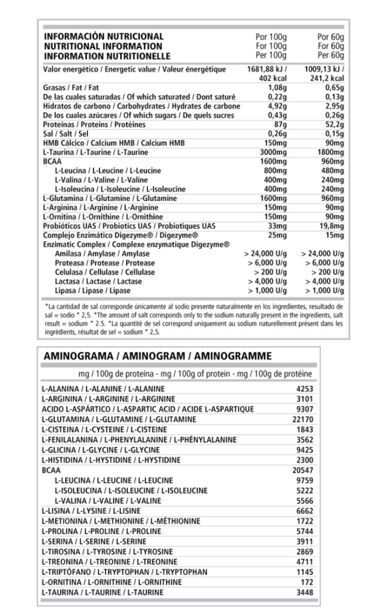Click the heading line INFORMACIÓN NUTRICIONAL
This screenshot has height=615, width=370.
(104, 36)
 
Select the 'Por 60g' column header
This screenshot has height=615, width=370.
(331, 36)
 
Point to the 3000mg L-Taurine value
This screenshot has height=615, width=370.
(273, 152)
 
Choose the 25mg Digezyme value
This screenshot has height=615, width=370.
(277, 235)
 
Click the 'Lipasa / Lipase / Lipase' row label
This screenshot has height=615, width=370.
(93, 291)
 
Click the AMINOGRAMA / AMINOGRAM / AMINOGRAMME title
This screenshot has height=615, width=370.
(158, 356)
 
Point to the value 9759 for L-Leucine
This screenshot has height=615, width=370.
(305, 480)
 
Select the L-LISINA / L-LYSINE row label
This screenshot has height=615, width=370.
(91, 511)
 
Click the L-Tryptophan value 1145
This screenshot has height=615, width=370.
(305, 572)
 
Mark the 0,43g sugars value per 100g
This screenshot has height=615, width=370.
(277, 115)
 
